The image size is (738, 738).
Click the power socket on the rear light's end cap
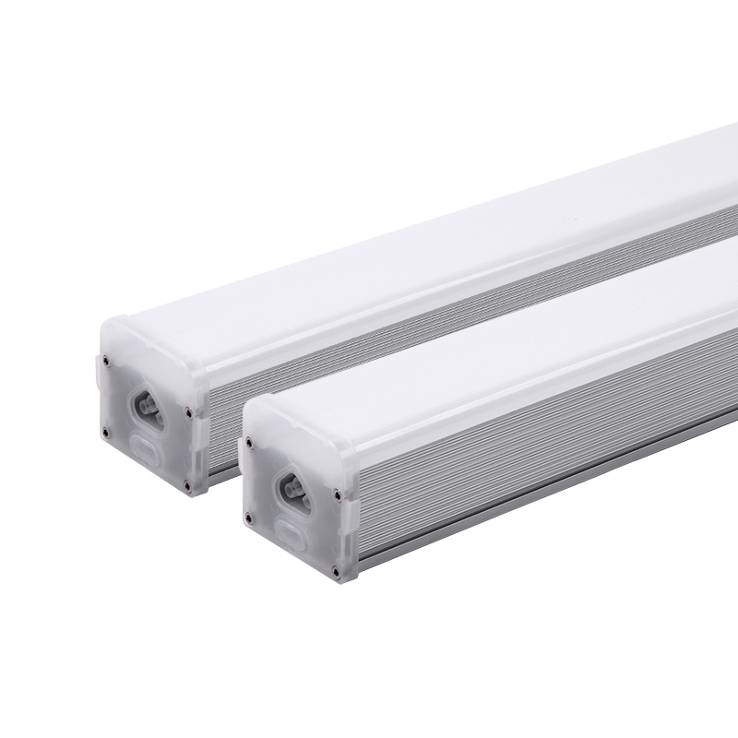pyautogui.click(x=147, y=404)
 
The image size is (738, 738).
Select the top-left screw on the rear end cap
pyautogui.click(x=107, y=363)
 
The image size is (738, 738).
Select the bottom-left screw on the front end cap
pyautogui.click(x=247, y=517)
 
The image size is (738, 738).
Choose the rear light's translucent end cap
pyautogui.click(x=148, y=406)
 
